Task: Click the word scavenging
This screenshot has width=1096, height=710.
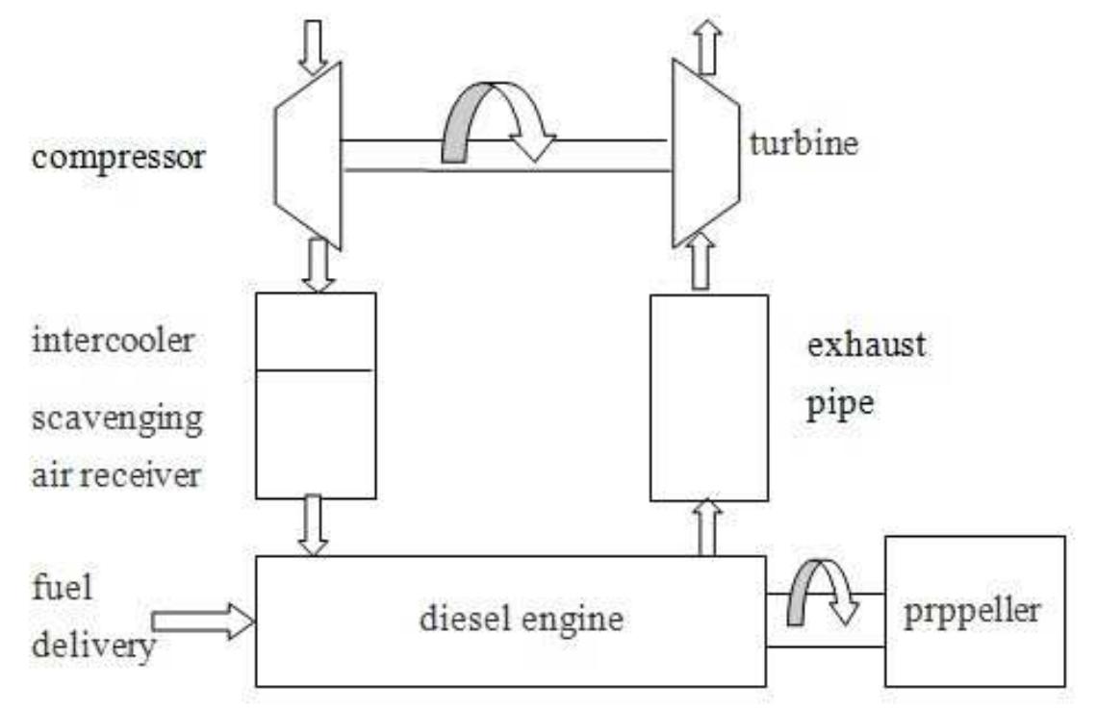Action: pyautogui.click(x=118, y=420)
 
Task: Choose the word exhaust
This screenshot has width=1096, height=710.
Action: pyautogui.click(x=864, y=344)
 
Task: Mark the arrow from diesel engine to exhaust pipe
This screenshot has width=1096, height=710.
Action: pyautogui.click(x=707, y=527)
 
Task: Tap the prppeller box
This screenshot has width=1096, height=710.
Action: pyautogui.click(x=975, y=612)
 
